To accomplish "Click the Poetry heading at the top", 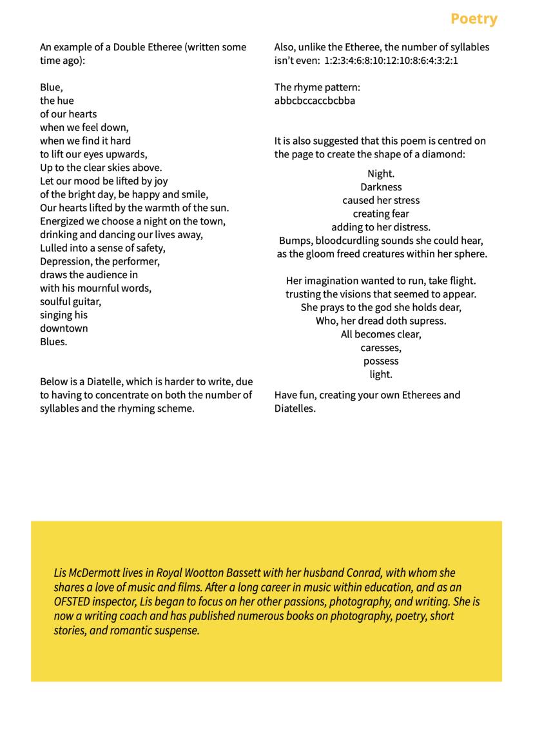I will tap(474, 19).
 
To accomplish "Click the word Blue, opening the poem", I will tap(51, 87).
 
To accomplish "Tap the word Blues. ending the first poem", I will tap(53, 341).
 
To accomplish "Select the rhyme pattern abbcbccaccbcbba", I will tap(315, 101).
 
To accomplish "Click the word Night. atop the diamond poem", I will tap(381, 174).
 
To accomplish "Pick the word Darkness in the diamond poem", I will tap(381, 187).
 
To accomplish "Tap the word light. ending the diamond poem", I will tap(381, 374).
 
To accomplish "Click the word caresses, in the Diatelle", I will tap(381, 348).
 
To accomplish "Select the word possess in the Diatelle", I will tap(381, 361).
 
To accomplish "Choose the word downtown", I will tap(64, 328).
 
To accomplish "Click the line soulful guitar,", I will tap(70, 301).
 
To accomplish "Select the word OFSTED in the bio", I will tap(72, 601).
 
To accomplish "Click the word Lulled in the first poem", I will tap(54, 248).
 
